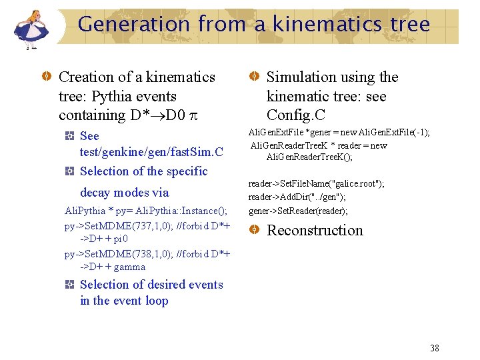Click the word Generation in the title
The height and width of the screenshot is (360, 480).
tap(133, 25)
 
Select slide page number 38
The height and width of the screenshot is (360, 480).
tap(435, 348)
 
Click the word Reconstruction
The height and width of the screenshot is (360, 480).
tap(315, 231)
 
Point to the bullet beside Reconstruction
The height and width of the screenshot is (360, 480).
tap(255, 230)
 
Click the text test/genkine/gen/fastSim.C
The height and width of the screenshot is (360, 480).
tap(151, 152)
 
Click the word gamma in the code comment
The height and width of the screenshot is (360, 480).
tap(129, 267)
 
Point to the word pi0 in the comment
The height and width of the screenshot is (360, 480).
tap(120, 239)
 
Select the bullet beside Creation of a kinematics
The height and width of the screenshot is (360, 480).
tap(47, 77)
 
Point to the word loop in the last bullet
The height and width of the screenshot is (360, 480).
tap(155, 301)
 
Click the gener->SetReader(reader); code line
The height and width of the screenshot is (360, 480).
tap(297, 211)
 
